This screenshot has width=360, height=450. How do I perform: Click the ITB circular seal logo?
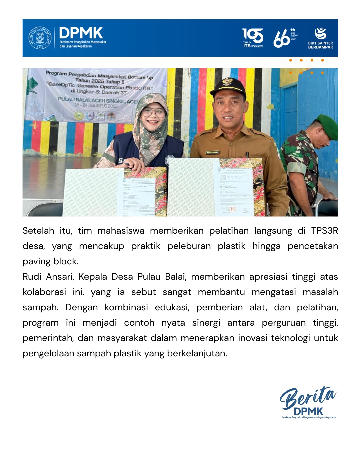[x=40, y=38]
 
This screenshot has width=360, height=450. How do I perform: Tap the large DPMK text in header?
[x=81, y=33]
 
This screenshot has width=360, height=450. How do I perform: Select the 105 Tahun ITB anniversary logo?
[x=253, y=38]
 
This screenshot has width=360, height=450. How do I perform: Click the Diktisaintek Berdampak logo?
[x=320, y=38]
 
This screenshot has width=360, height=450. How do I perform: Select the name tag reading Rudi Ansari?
[x=212, y=152]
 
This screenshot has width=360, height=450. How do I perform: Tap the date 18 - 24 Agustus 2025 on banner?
[x=96, y=106]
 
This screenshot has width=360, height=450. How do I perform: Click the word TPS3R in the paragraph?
[x=324, y=231]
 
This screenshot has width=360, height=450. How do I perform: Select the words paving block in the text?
[x=50, y=261]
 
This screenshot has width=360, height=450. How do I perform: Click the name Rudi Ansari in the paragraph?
[x=48, y=277]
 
